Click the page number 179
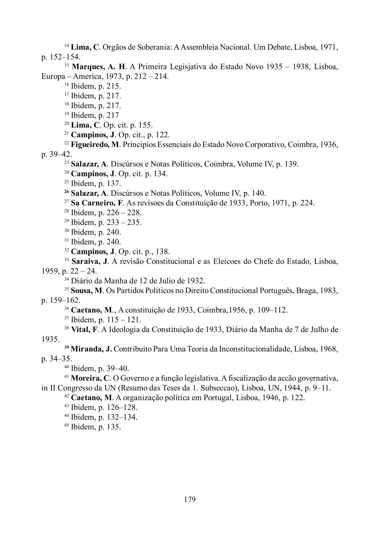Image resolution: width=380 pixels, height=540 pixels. [190, 499]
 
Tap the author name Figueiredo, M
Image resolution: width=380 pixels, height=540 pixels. [95, 144]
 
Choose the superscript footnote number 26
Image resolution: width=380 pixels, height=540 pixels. [66, 192]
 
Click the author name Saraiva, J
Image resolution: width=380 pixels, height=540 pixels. [90, 261]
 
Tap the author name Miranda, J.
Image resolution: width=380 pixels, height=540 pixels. [91, 349]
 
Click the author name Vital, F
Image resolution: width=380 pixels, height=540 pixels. [84, 329]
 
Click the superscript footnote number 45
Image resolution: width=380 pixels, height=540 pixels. [66, 426]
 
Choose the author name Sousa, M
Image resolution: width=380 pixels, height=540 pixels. [87, 291]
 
